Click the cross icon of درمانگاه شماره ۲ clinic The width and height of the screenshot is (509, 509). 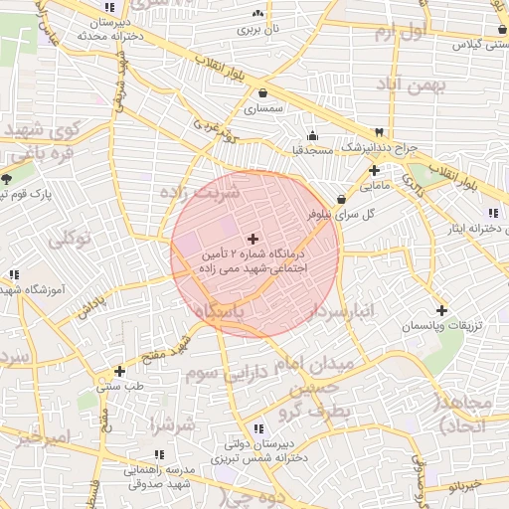(x=253, y=239)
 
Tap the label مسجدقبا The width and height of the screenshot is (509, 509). (x=310, y=150)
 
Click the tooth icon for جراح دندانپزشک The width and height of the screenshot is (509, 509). (x=379, y=133)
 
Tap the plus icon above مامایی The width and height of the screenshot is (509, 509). (x=374, y=170)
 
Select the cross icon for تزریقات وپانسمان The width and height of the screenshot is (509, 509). (x=442, y=310)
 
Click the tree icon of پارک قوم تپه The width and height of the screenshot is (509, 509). (x=8, y=179)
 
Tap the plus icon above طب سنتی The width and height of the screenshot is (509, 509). (x=119, y=371)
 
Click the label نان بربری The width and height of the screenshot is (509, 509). (x=258, y=30)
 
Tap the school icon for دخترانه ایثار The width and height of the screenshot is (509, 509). (x=492, y=214)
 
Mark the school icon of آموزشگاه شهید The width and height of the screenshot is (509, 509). (x=13, y=274)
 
